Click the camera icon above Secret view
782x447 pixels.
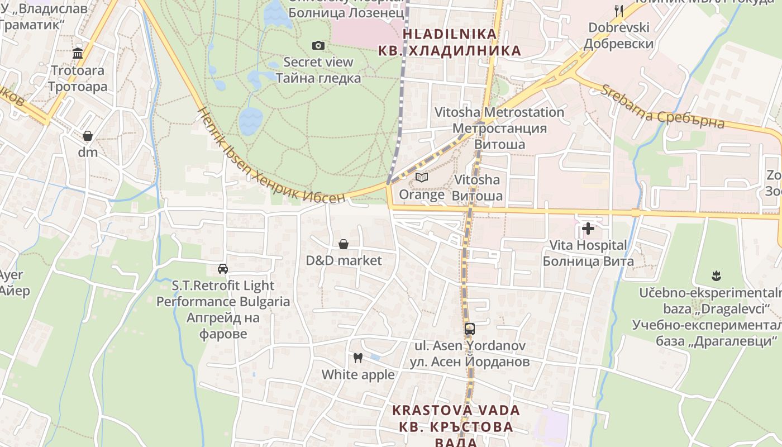point(318,45)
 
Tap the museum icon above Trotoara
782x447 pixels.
point(78,54)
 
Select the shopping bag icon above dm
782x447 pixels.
point(88,136)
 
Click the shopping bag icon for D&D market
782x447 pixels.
point(344,244)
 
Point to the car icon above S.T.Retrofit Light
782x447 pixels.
point(223,269)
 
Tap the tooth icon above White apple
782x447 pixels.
point(358,358)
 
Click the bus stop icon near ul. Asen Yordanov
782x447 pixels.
point(470,329)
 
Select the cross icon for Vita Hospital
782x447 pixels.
point(588,228)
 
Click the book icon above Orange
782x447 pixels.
point(422,178)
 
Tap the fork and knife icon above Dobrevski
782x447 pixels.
point(618,11)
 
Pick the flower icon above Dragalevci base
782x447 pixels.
point(715,275)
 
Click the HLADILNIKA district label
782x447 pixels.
point(450,34)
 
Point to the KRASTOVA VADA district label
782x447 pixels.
point(456,410)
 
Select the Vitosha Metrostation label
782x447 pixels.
point(500,112)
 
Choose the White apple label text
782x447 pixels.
point(358,374)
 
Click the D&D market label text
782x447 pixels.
point(344,260)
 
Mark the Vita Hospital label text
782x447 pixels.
point(588,245)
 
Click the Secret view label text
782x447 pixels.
point(318,62)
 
